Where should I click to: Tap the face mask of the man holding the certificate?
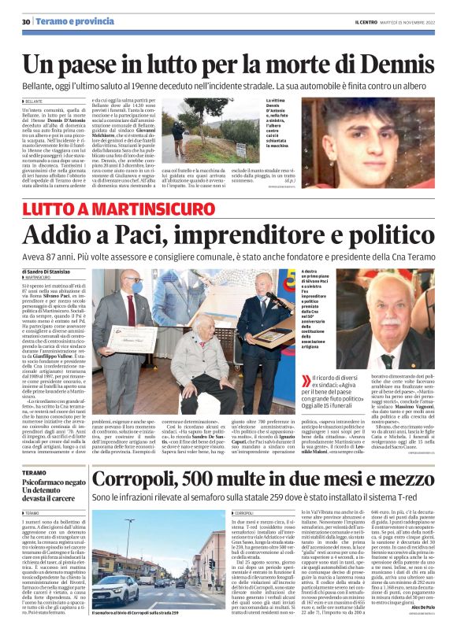pos(132,289)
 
